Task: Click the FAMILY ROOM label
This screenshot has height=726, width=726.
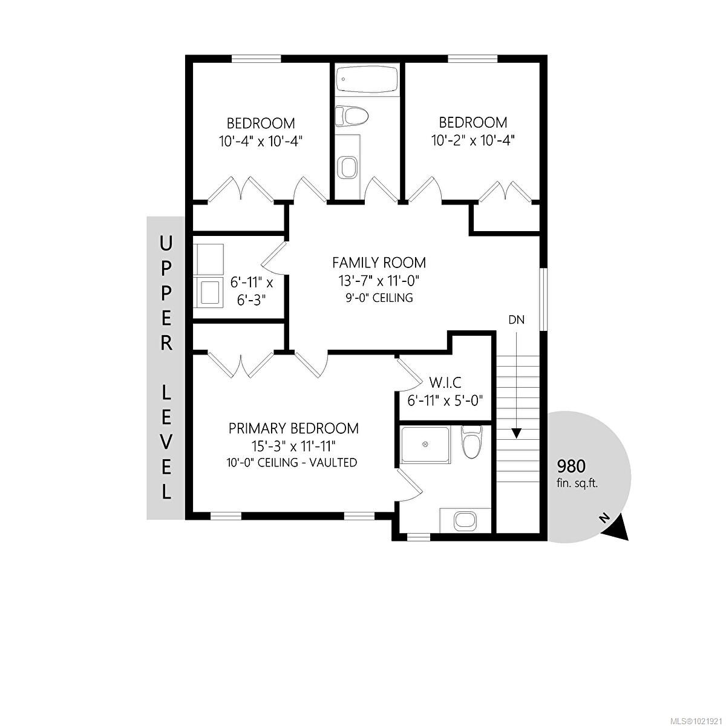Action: coord(379,263)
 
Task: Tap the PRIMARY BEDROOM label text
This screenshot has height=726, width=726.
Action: coord(293,428)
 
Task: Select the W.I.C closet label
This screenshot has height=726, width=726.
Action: coord(445,383)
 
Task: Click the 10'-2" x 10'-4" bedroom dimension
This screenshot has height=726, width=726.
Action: coord(473,140)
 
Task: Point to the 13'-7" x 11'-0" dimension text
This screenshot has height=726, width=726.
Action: coord(378,281)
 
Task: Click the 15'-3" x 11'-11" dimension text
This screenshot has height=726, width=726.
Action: coord(293,446)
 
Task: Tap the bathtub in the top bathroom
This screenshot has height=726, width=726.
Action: coord(367,79)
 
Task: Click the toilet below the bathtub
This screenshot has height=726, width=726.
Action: coord(351,115)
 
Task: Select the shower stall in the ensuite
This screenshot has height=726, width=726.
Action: coord(425,445)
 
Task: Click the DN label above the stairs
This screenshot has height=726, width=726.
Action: coord(516,320)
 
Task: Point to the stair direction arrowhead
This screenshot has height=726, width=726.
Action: coord(516,433)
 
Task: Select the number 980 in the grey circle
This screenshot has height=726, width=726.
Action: coord(571,467)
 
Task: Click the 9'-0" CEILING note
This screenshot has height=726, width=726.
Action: coord(378,298)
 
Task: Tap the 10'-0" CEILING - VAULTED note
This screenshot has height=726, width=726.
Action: coord(292,463)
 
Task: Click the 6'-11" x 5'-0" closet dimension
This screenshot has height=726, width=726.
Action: coord(445,401)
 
